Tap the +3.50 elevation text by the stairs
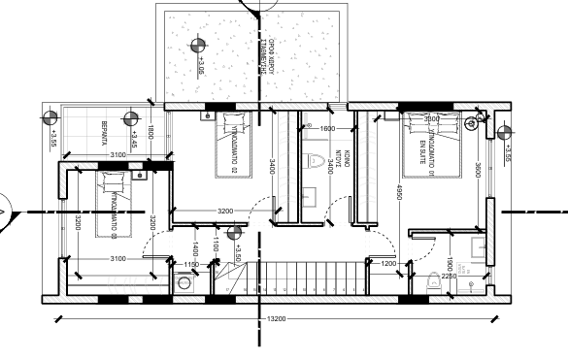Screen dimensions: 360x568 [x=236, y=253]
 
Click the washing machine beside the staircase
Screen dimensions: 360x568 [x=184, y=283]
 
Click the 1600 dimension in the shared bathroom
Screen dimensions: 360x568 [x=326, y=128]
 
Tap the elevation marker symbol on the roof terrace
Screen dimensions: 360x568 [x=198, y=44]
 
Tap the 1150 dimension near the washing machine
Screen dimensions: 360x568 [x=191, y=264]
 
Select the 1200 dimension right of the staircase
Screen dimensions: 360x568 [x=388, y=263]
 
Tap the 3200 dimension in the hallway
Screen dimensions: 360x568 [x=224, y=211]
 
